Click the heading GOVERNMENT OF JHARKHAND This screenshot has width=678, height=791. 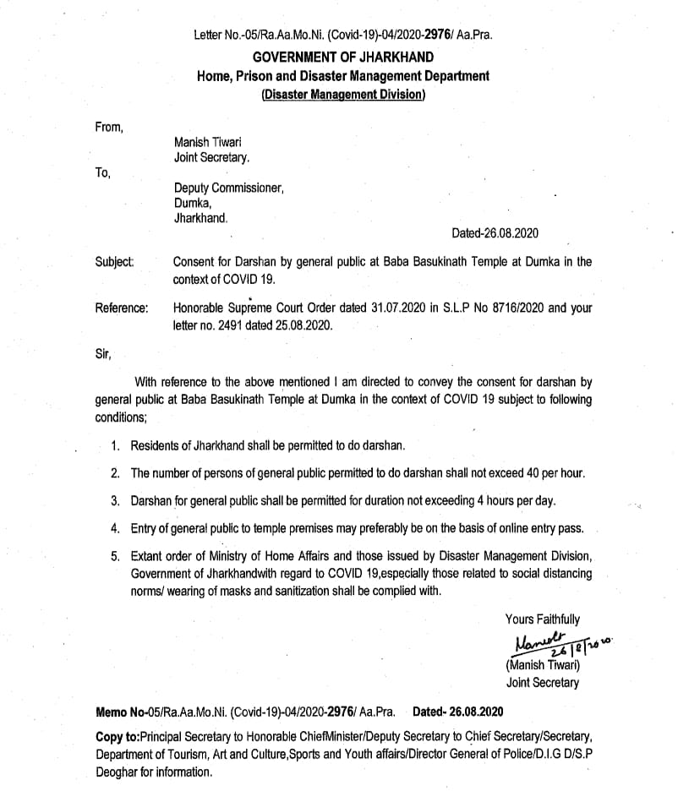[343, 57]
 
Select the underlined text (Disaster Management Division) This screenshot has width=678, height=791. [343, 95]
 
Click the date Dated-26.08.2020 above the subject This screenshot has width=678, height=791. [495, 233]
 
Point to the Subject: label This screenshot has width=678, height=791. [114, 262]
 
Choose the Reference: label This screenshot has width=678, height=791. [122, 308]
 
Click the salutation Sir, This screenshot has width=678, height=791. [104, 354]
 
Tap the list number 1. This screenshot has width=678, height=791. [116, 445]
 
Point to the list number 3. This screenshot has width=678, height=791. [116, 501]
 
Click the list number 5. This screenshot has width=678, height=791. [116, 557]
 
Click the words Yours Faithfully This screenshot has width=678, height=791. [543, 620]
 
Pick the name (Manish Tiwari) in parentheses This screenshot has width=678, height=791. [543, 665]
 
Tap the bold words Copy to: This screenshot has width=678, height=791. [118, 737]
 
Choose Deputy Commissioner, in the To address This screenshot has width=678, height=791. [229, 188]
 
